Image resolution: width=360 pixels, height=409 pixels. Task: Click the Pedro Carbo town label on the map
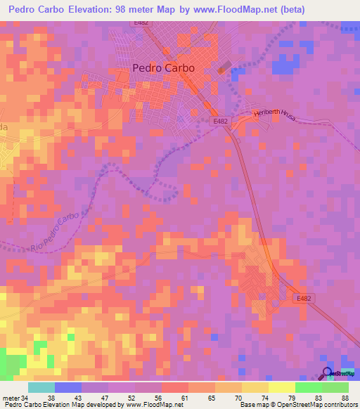pyautogui.click(x=163, y=68)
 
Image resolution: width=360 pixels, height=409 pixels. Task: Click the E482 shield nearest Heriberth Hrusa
pyautogui.click(x=221, y=121)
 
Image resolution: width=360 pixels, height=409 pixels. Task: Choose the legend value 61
pyautogui.click(x=184, y=397)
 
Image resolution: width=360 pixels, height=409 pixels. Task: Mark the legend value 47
pyautogui.click(x=105, y=397)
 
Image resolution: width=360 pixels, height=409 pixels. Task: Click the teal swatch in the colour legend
pyautogui.click(x=41, y=387)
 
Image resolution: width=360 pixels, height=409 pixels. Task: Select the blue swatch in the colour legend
pyautogui.click(x=68, y=387)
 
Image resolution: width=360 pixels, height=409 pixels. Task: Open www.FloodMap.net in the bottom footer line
pyautogui.click(x=150, y=405)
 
